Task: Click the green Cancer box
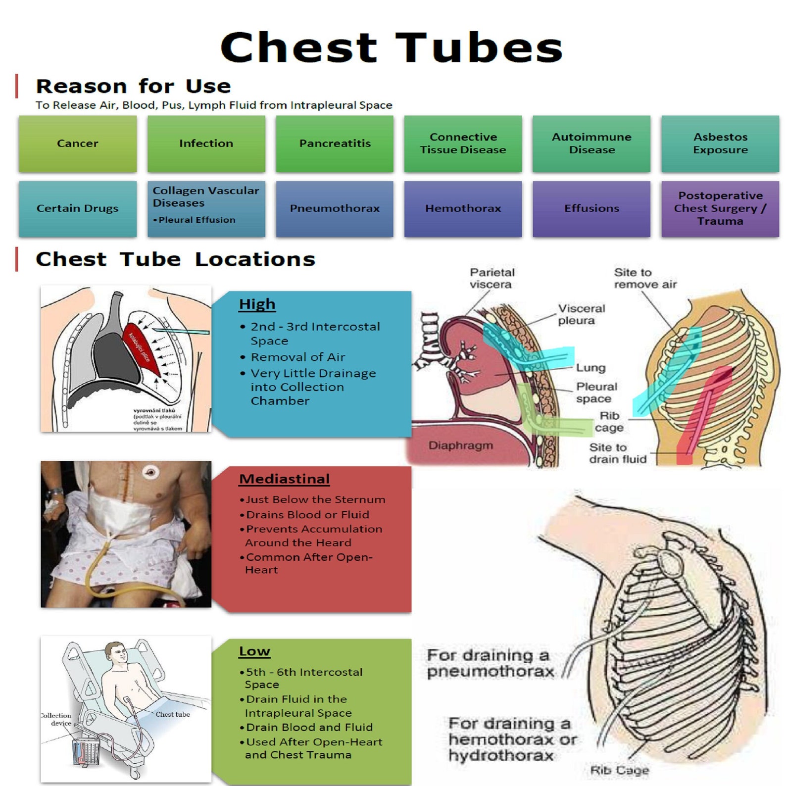78,144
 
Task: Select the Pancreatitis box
335,144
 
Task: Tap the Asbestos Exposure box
720,144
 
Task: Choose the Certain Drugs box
78,208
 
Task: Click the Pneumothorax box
335,208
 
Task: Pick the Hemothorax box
463,208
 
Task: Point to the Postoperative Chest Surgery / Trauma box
720,208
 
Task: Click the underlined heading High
257,304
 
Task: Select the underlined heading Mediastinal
284,479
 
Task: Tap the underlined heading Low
254,651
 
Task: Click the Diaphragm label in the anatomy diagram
460,445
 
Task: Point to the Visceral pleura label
581,315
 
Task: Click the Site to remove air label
645,278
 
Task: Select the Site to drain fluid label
617,453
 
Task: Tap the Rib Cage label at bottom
619,770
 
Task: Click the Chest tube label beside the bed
173,714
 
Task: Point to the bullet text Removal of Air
297,357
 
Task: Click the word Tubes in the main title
479,48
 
